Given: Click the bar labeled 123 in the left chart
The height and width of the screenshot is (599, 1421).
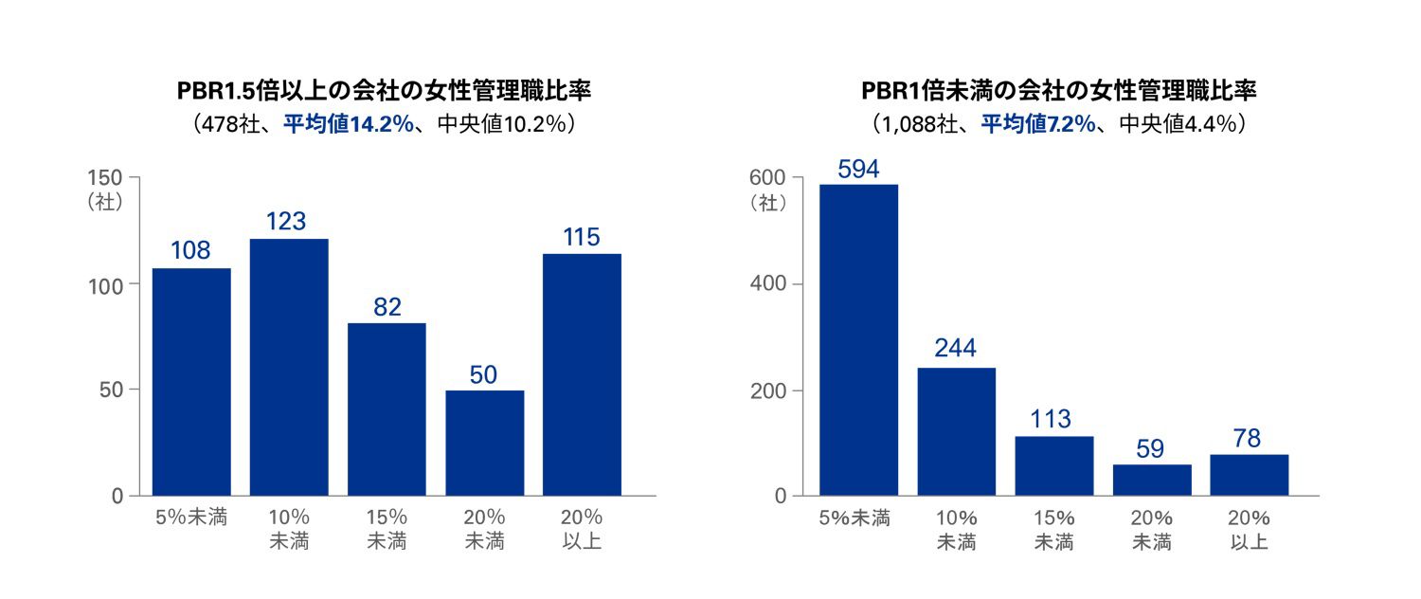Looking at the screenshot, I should [x=289, y=367].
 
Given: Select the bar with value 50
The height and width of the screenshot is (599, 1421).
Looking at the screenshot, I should [x=484, y=443].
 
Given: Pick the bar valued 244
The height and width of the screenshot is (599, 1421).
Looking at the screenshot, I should [x=956, y=431].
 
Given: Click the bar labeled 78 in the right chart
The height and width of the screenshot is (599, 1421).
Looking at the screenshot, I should [x=1249, y=475].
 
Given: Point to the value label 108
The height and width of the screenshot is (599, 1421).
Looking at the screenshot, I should [x=190, y=251].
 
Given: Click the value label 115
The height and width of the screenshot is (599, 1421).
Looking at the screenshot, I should [x=582, y=237].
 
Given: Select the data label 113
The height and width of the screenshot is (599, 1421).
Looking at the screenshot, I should [x=1053, y=419].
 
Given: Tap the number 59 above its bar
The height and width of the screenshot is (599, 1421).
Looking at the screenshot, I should [x=1151, y=447].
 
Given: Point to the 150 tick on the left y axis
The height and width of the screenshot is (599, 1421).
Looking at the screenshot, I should [x=105, y=177].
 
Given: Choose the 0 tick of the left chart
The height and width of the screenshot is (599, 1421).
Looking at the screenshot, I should [x=117, y=496].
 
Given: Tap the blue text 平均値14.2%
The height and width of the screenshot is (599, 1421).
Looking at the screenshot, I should [x=349, y=124].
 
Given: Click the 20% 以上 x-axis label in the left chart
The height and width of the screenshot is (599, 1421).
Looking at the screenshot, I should [x=582, y=530].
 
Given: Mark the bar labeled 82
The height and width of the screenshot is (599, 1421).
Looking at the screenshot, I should [x=387, y=409].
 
